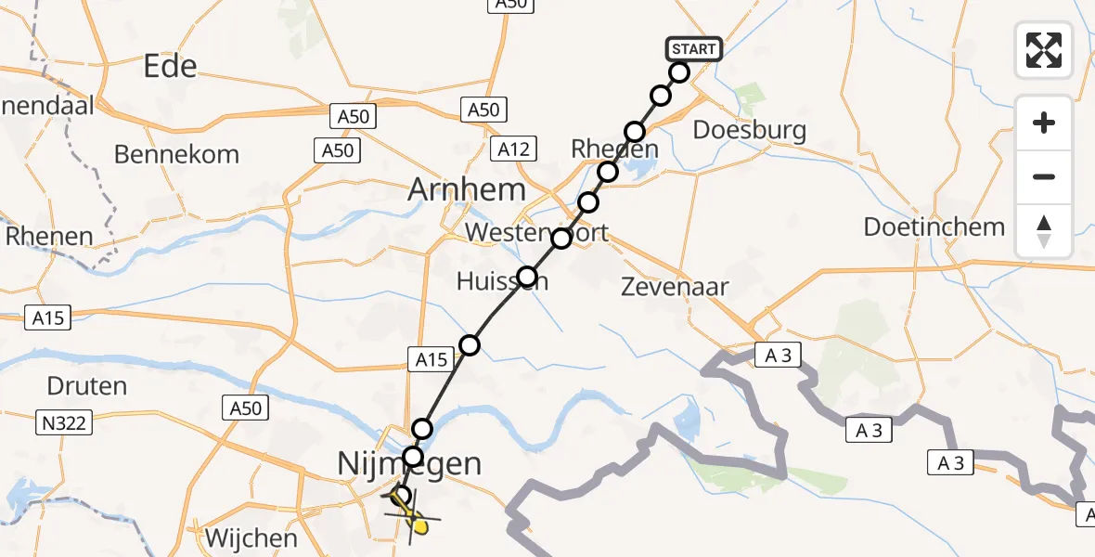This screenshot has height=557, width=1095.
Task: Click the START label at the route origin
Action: tap(692, 49)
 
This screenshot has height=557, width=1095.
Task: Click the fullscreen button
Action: tap(1044, 50)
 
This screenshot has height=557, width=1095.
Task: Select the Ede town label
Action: tap(171, 66)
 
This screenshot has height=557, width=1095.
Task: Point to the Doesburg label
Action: tap(750, 130)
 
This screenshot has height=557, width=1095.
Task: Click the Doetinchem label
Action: tap(934, 227)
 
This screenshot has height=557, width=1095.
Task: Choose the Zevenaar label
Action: tap(675, 287)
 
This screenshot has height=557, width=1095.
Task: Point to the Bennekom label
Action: tap(176, 154)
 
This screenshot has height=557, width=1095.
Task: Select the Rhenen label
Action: tap(49, 236)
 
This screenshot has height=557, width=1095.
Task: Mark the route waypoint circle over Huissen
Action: tap(527, 276)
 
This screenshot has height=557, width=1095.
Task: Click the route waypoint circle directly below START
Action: tap(679, 72)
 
